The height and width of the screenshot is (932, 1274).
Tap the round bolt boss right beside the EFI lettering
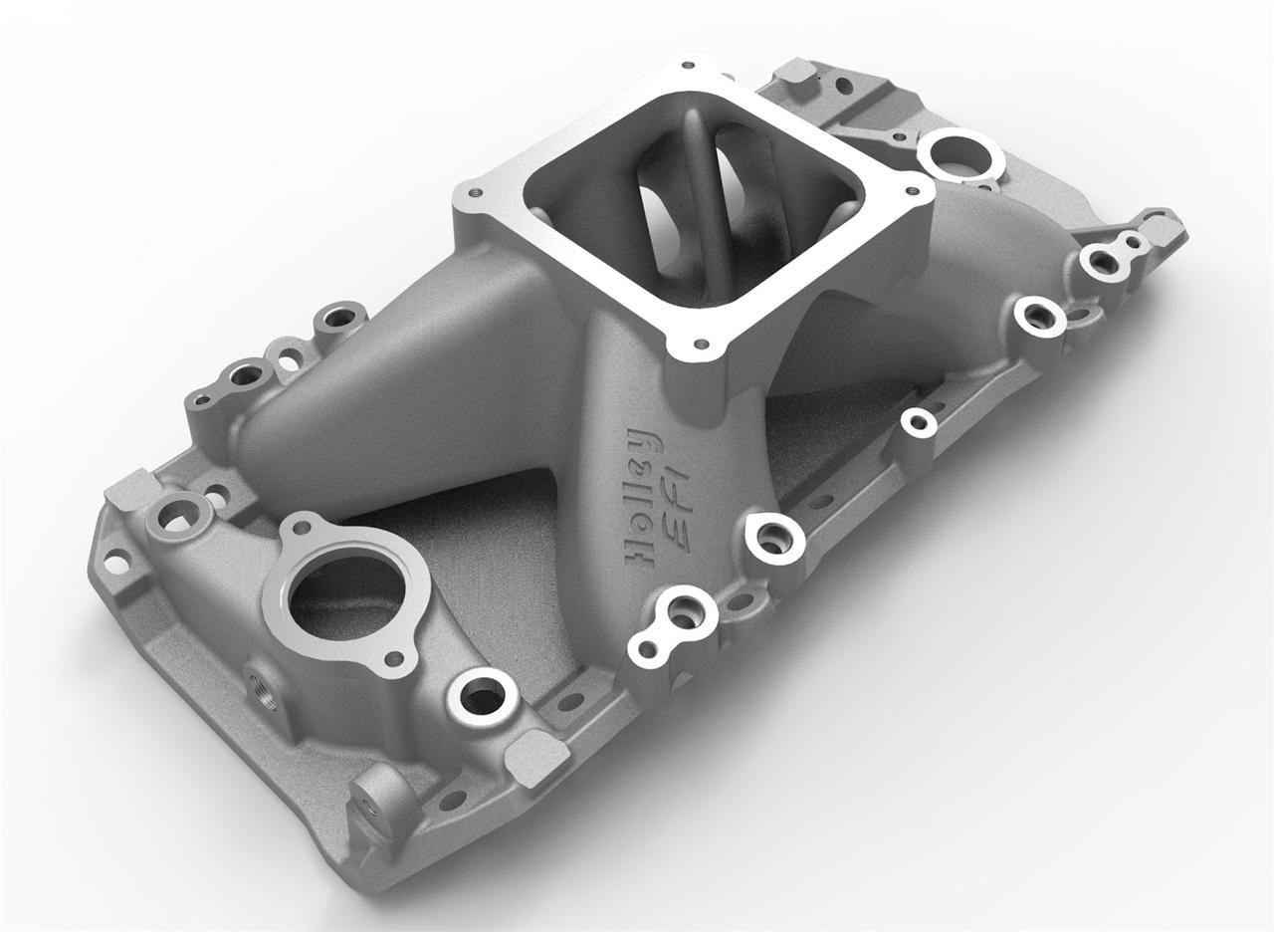tap(774, 539)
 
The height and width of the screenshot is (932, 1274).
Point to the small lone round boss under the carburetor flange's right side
tap(917, 422)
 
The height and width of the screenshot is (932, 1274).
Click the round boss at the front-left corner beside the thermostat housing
tap(177, 514)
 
